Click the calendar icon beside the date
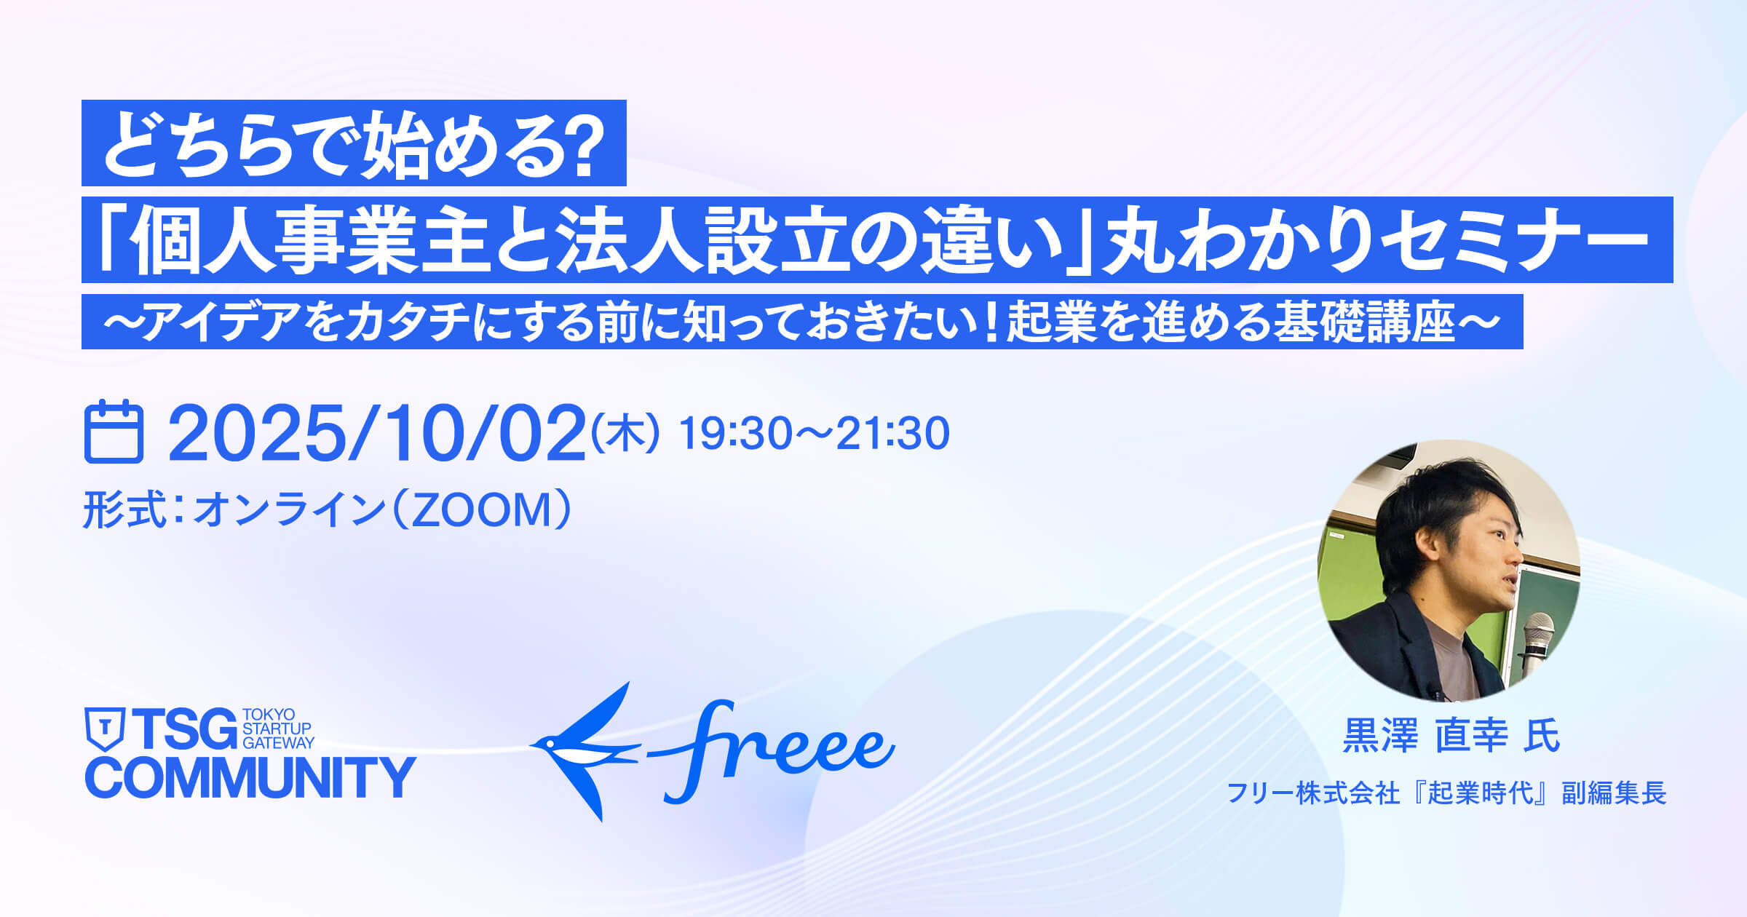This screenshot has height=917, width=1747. click(x=114, y=432)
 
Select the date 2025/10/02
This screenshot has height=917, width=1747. click(x=377, y=434)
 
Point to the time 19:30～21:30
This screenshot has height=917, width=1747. click(x=814, y=434)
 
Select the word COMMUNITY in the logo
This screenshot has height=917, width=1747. click(x=250, y=777)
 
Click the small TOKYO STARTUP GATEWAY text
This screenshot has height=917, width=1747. click(x=278, y=729)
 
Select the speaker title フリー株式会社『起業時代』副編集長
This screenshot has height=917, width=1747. click(x=1447, y=793)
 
